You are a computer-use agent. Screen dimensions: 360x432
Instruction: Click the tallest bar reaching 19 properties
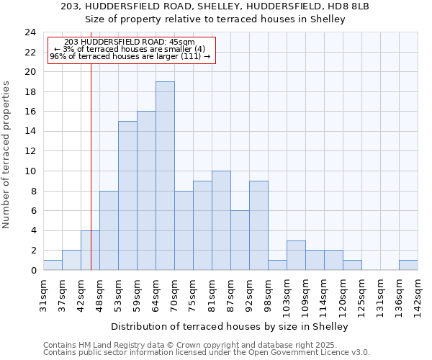point(165,176)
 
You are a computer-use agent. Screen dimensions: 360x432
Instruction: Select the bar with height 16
point(146,191)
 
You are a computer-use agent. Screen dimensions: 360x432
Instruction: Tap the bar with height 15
point(127,196)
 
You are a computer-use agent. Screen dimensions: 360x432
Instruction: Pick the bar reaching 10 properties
point(221,220)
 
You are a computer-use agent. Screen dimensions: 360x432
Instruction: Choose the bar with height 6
point(240,240)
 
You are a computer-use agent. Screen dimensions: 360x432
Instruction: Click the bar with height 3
point(296,255)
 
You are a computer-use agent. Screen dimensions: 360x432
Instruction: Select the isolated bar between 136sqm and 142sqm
point(408,265)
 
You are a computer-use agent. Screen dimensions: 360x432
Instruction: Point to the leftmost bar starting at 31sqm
point(53,265)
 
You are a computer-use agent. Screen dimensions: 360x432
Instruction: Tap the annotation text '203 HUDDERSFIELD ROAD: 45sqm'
point(130,42)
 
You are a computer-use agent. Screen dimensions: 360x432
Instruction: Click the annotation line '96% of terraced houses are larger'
point(130,56)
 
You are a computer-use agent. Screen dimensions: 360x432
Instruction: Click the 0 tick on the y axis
point(32,271)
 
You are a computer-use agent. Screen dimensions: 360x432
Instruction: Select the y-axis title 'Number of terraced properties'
point(7,155)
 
